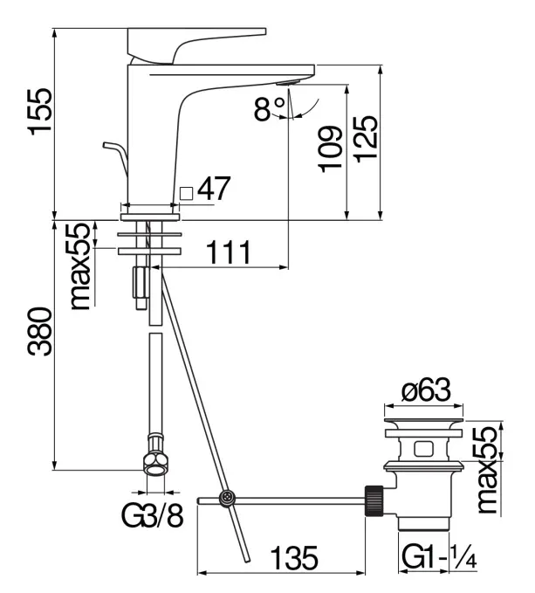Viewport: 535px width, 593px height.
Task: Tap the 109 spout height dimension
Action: tap(329, 150)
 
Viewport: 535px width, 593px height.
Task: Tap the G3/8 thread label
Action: tap(152, 517)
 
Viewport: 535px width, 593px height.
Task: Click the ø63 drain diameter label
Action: tap(425, 393)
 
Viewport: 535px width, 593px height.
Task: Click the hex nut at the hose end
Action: tap(154, 461)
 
